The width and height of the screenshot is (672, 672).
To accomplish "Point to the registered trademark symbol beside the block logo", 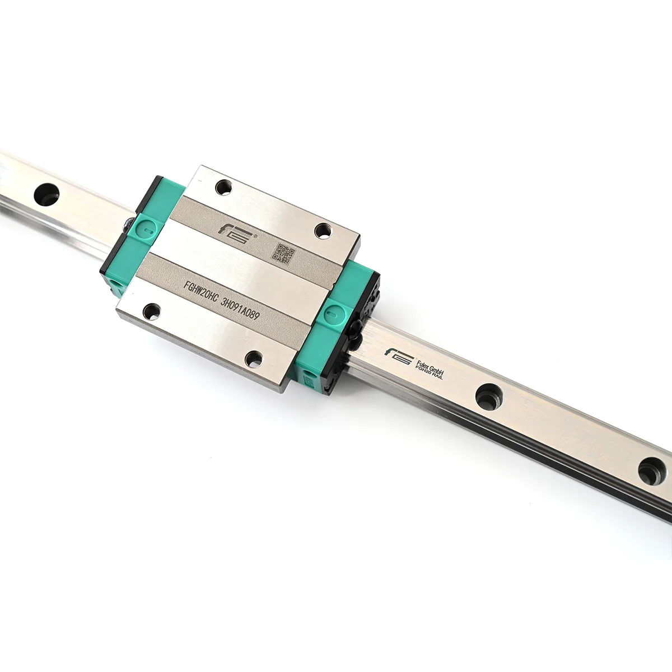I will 256,237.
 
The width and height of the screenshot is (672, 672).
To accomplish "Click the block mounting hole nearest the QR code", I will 323,230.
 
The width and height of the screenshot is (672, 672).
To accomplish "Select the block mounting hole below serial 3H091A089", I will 254,358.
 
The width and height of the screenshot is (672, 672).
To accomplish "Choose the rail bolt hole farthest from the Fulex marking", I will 46,194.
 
